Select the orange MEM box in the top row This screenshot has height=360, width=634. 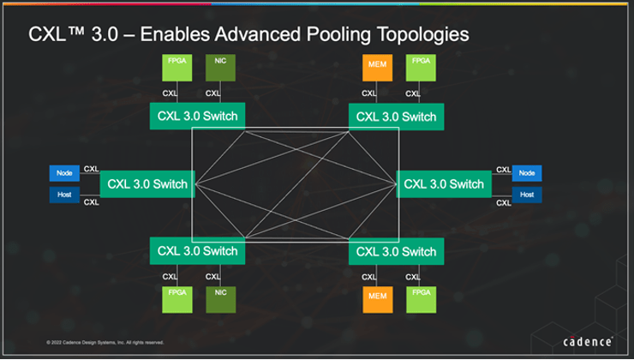pyautogui.click(x=374, y=68)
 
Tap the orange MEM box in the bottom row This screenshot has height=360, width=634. pyautogui.click(x=374, y=299)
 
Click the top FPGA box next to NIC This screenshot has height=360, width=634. pyautogui.click(x=175, y=68)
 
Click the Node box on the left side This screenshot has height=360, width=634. pyautogui.click(x=64, y=172)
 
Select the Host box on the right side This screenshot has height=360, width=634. pyautogui.click(x=527, y=195)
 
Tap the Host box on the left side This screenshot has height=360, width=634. pyautogui.click(x=64, y=195)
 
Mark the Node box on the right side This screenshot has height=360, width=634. pyautogui.click(x=527, y=172)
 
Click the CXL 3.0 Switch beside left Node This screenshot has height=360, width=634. pyautogui.click(x=147, y=183)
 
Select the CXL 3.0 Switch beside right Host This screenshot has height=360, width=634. pyautogui.click(x=443, y=183)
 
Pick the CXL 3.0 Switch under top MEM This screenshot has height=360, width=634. pyautogui.click(x=396, y=117)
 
